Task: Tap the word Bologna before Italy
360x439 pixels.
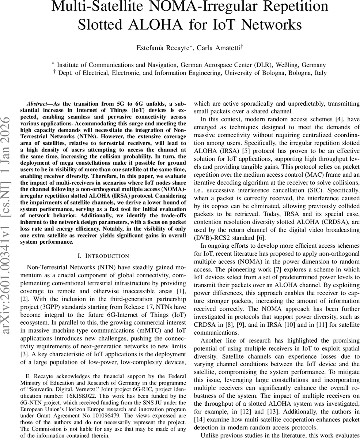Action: [x=295, y=73]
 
